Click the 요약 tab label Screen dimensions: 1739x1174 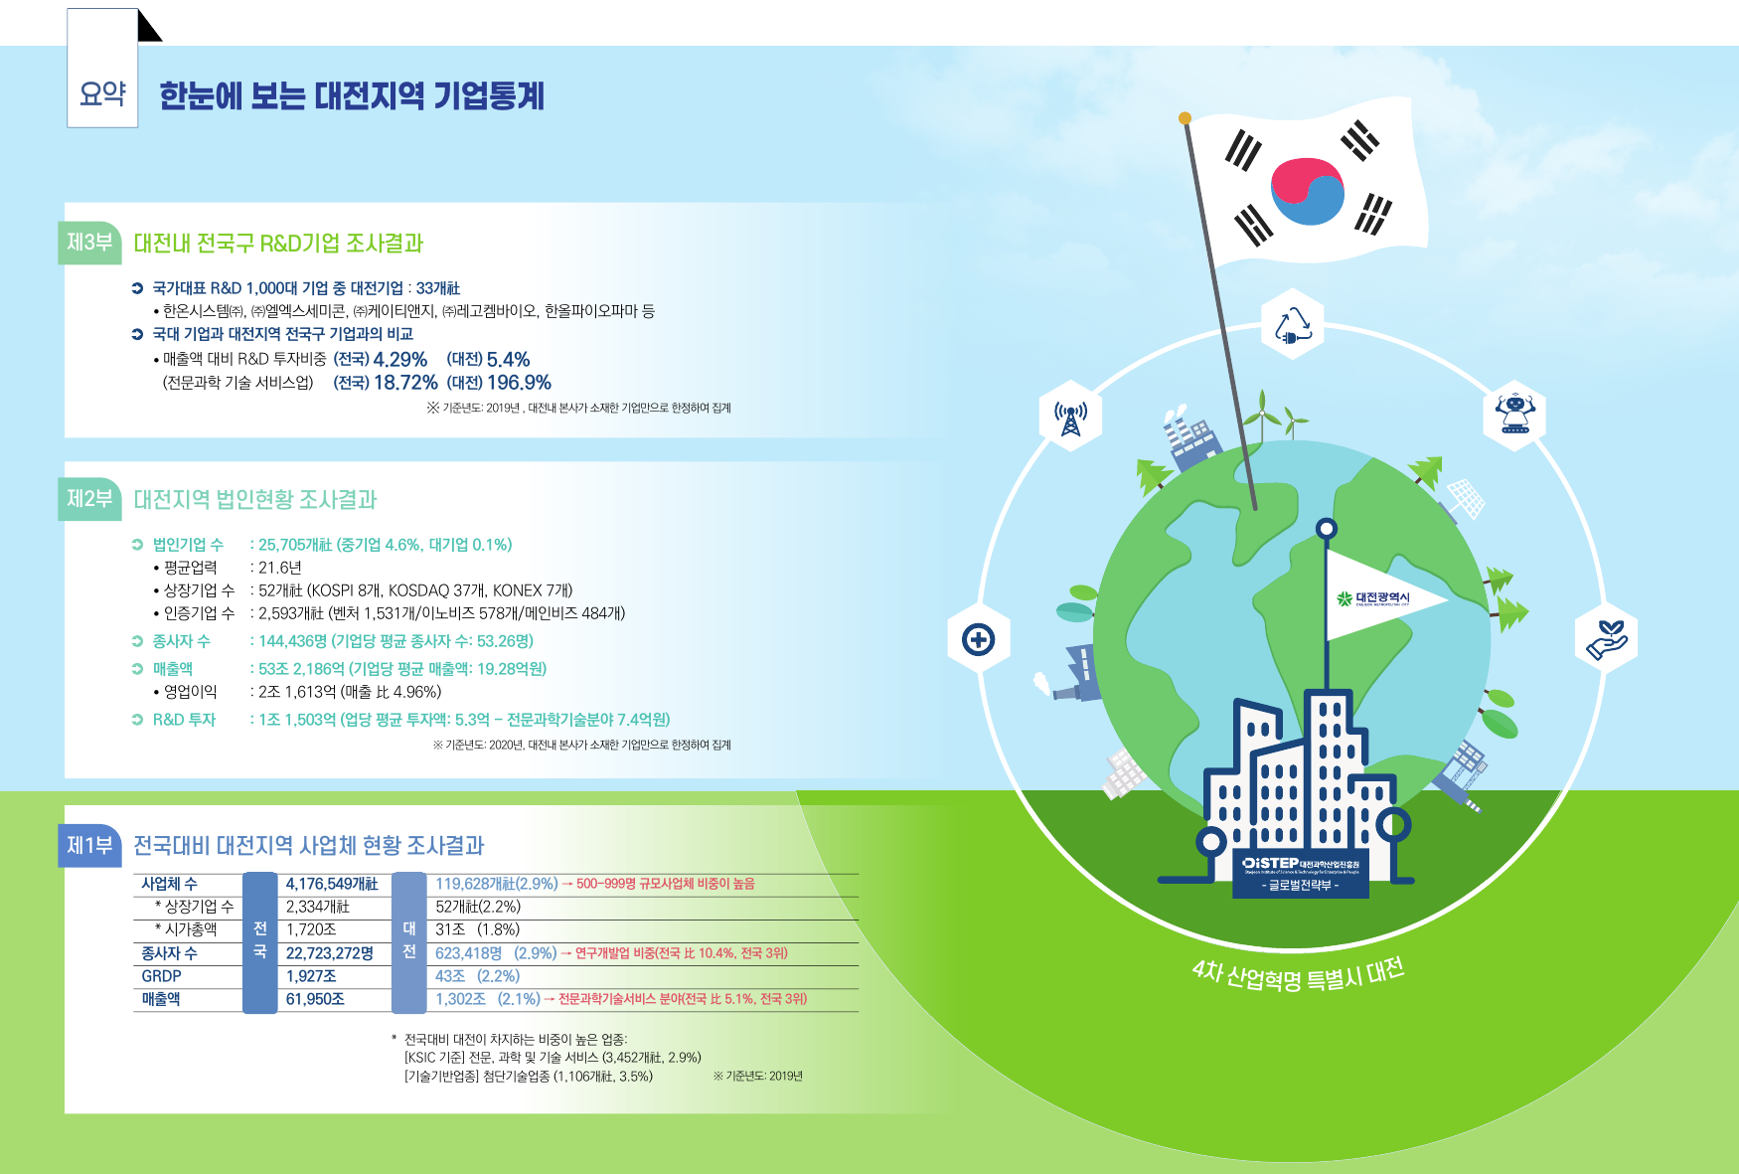click(102, 93)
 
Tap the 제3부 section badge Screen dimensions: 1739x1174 click(89, 243)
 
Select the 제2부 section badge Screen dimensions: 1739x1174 click(89, 499)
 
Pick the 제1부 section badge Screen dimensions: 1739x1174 click(89, 846)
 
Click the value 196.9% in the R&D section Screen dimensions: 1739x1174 click(519, 383)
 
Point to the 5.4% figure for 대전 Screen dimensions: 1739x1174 click(508, 360)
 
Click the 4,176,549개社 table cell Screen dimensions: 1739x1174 click(332, 884)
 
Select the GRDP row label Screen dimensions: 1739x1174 click(161, 976)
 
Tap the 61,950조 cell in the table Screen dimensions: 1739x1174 click(315, 999)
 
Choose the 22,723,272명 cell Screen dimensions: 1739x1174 click(330, 953)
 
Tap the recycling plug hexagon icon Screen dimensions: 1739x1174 click(1293, 325)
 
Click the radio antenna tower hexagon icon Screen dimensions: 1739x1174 click(1070, 416)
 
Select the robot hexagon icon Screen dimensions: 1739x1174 click(1514, 415)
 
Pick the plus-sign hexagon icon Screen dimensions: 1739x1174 click(979, 639)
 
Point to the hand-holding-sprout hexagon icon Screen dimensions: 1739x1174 click(1606, 639)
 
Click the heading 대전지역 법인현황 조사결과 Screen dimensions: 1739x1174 click(255, 499)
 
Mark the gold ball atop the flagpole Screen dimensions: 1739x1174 click(1185, 118)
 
